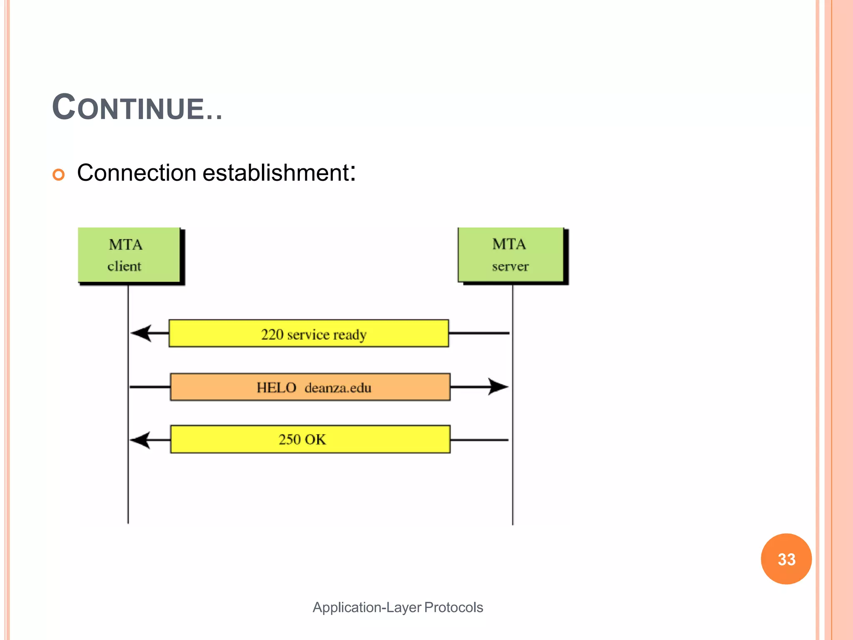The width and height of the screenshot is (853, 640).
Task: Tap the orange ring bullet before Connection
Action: (x=59, y=174)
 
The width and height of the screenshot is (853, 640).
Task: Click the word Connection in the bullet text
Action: (x=137, y=173)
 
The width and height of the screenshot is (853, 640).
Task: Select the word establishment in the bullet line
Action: (x=276, y=173)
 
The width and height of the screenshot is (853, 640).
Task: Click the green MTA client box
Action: (x=129, y=255)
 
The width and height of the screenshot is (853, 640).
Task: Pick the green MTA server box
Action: (x=511, y=255)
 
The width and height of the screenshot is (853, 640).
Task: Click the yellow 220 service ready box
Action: (x=309, y=333)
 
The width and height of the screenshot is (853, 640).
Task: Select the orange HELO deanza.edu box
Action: (x=310, y=387)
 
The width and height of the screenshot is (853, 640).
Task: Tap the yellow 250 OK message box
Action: (x=310, y=439)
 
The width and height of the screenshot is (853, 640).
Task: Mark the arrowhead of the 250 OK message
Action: (x=140, y=440)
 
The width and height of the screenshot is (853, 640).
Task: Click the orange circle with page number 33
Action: (x=786, y=559)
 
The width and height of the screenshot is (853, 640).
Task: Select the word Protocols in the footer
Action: (x=454, y=607)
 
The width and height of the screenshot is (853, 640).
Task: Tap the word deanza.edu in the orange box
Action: (x=338, y=388)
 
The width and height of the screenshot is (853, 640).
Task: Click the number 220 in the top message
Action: (x=272, y=335)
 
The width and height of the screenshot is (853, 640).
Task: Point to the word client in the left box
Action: (x=124, y=266)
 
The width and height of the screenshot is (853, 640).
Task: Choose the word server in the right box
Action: (x=510, y=267)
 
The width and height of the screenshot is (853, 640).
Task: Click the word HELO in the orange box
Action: (x=276, y=388)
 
